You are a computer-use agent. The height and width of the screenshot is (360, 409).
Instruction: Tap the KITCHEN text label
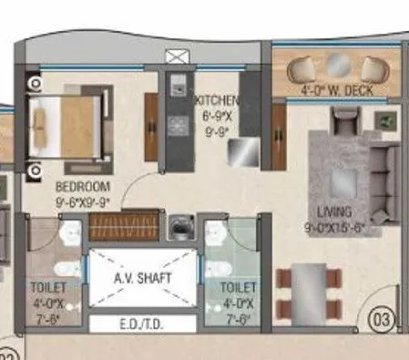coord(217,100)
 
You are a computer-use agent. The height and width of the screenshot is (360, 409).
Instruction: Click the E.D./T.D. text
coord(142,324)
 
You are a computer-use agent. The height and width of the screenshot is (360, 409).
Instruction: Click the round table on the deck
coord(338,67)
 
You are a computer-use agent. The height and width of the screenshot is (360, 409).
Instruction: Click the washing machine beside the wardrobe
coord(182,224)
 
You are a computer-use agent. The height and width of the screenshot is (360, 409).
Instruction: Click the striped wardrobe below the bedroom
coord(123,225)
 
